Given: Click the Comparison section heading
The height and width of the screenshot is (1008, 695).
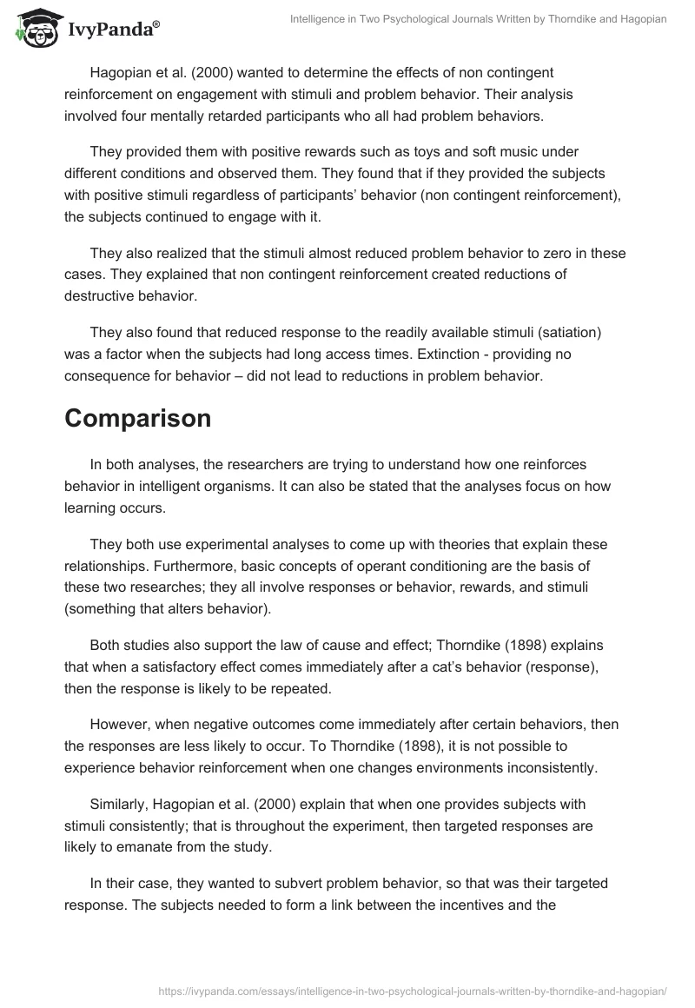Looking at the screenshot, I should coord(137,418).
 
